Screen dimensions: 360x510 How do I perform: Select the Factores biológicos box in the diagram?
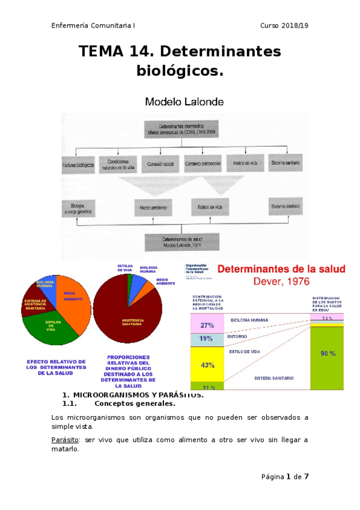pos(78,163)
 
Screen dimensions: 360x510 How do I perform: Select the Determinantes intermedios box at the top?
pos(178,129)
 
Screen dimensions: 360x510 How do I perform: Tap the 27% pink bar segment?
pos(207,325)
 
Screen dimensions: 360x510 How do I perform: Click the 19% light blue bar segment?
pos(207,339)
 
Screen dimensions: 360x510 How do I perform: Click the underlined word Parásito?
pos(66,440)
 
